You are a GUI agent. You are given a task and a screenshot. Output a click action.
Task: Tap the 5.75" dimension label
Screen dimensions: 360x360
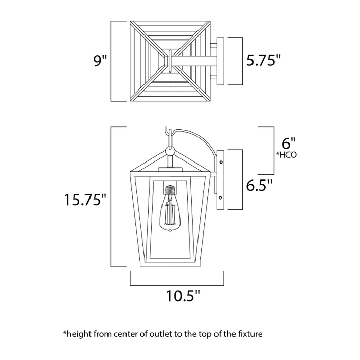(x=263, y=61)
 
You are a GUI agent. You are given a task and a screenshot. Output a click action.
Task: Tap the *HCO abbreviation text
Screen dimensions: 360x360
(x=287, y=154)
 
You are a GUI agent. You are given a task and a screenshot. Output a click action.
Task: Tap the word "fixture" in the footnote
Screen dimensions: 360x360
(x=250, y=334)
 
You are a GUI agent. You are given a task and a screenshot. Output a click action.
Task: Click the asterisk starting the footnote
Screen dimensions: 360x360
(x=65, y=333)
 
